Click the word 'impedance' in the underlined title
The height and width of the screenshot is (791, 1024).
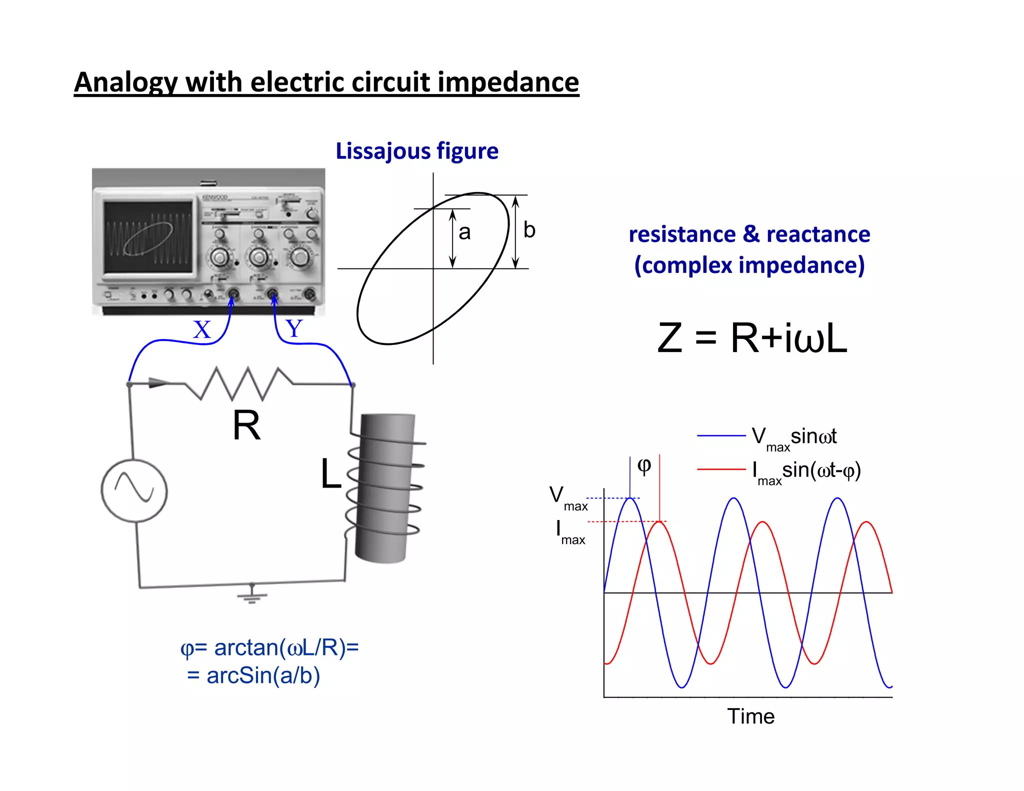(x=508, y=82)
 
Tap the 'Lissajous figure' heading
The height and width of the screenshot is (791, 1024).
(x=416, y=151)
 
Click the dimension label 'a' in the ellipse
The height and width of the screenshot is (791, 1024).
(x=464, y=232)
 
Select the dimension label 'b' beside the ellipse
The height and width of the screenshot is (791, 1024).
(x=529, y=230)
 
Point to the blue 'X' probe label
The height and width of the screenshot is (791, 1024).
(x=202, y=330)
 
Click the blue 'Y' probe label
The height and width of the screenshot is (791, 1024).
(x=294, y=329)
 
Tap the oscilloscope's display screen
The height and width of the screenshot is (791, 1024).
(x=148, y=236)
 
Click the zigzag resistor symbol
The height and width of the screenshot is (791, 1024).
(x=239, y=383)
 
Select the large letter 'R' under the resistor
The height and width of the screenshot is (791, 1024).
(x=246, y=425)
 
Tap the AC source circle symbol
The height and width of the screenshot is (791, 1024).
(x=134, y=490)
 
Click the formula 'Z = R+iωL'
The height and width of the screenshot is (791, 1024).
(x=752, y=338)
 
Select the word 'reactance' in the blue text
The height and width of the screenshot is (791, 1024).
(x=818, y=234)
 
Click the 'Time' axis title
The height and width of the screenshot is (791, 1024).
(x=750, y=716)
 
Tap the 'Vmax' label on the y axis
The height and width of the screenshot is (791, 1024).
(x=568, y=497)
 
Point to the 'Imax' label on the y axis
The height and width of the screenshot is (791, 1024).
(x=569, y=531)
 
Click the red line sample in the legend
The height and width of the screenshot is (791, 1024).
(x=720, y=469)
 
